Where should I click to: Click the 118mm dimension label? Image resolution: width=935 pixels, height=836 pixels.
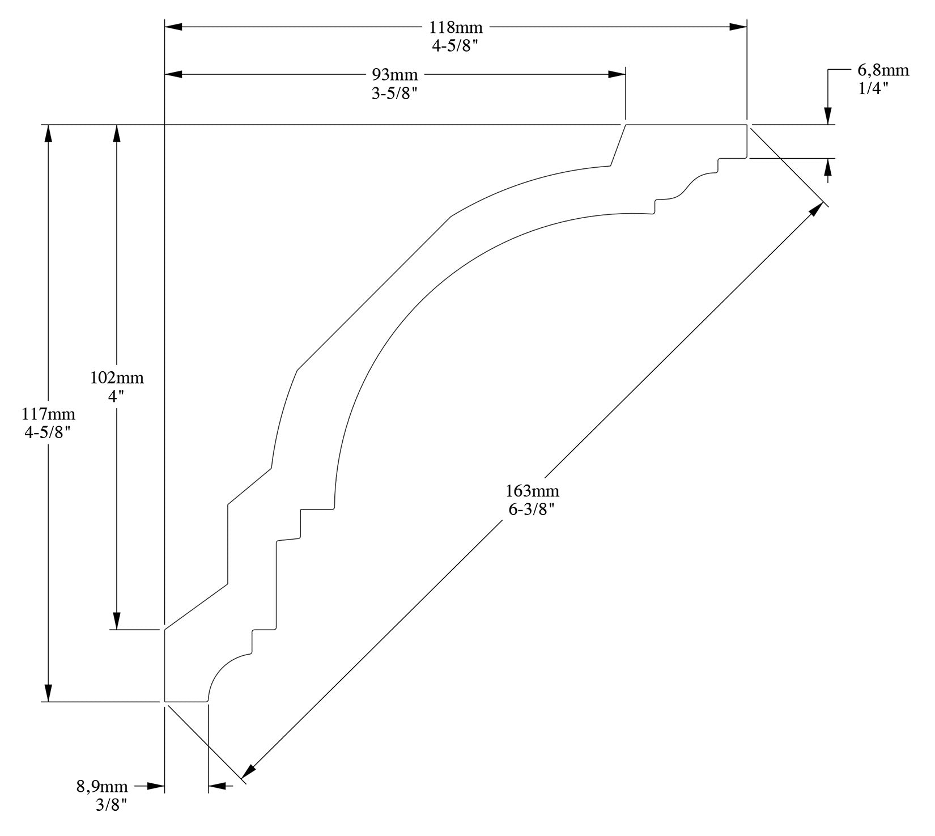tap(456, 28)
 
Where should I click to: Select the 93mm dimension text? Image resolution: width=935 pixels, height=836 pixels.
tap(394, 75)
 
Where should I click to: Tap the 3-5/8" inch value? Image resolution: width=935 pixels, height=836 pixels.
tap(394, 94)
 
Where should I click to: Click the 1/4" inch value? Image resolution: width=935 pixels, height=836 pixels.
tap(873, 88)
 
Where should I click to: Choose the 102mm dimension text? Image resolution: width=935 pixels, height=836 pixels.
tap(117, 377)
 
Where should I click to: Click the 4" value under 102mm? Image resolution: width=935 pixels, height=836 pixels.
tap(116, 396)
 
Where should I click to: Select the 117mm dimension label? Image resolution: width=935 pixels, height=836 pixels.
tap(48, 414)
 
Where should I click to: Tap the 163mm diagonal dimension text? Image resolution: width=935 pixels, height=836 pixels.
tap(532, 490)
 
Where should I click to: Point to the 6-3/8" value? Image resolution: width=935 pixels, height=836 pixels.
tap(531, 509)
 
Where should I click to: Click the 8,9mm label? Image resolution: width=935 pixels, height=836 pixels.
tap(102, 787)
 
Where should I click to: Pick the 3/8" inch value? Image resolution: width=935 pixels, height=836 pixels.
tap(111, 805)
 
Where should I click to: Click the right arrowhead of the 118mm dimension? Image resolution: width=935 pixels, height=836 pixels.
tap(738, 27)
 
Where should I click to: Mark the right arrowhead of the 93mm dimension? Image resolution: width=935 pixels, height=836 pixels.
tap(617, 74)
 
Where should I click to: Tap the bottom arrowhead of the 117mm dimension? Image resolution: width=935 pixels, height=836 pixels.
tap(49, 693)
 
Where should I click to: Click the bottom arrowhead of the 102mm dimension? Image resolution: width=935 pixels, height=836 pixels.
tap(117, 621)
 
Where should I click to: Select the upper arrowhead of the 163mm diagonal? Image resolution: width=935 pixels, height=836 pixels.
tap(817, 209)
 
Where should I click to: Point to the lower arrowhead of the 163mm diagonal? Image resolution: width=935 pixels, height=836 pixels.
tap(248, 772)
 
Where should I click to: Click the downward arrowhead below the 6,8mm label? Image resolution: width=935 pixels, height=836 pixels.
tap(828, 116)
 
